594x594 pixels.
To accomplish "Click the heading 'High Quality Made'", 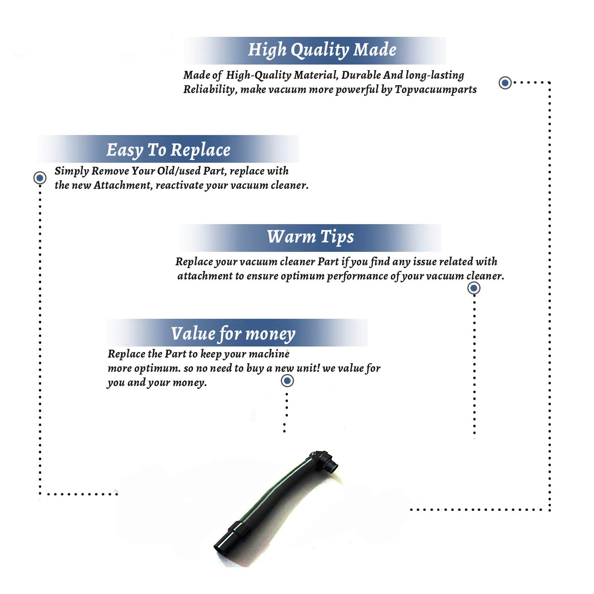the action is pyautogui.click(x=322, y=50).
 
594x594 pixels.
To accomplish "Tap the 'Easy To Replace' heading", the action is pyautogui.click(x=168, y=150).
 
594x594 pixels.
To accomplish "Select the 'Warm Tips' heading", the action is pyautogui.click(x=310, y=237).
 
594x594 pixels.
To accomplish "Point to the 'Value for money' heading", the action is pyautogui.click(x=233, y=334).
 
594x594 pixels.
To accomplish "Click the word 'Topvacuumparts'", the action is pyautogui.click(x=436, y=90).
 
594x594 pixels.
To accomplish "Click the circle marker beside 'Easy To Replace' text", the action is pyautogui.click(x=40, y=178).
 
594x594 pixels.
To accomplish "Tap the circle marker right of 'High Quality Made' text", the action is pyautogui.click(x=505, y=83).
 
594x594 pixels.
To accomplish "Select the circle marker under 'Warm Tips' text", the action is pyautogui.click(x=474, y=288).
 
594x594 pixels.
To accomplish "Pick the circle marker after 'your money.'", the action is pyautogui.click(x=287, y=381).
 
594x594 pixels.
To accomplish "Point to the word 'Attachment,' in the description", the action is pyautogui.click(x=123, y=185).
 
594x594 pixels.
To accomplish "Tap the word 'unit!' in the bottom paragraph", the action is pyautogui.click(x=308, y=368).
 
